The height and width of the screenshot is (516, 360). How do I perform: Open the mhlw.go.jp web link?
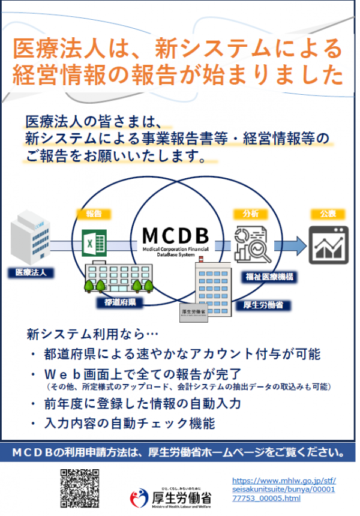[x=283, y=489]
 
